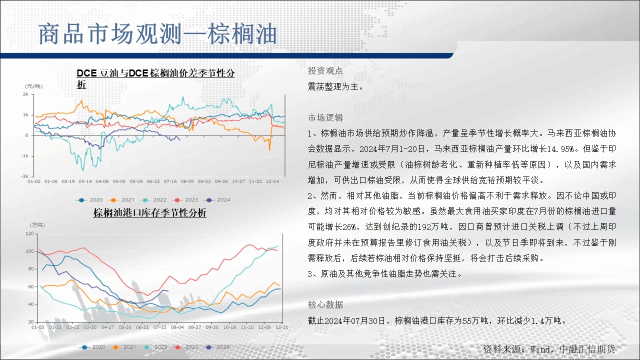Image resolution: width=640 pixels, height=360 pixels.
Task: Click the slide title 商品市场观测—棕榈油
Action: (x=157, y=34)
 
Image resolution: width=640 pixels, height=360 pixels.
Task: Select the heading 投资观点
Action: (x=325, y=70)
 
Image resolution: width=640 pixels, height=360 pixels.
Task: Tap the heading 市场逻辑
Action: (x=325, y=117)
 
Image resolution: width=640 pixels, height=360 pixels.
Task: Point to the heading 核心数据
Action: (x=325, y=304)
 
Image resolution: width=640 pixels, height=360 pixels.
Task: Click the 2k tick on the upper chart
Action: (x=25, y=94)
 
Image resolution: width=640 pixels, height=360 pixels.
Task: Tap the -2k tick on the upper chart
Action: (x=25, y=176)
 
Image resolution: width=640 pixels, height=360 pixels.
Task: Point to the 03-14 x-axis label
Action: (x=85, y=181)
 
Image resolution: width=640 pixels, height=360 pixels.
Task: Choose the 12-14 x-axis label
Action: (x=272, y=181)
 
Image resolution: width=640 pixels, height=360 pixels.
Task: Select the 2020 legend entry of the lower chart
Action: (x=92, y=347)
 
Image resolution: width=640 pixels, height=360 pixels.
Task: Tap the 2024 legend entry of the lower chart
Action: (x=217, y=347)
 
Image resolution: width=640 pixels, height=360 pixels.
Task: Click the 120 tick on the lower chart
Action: (x=29, y=233)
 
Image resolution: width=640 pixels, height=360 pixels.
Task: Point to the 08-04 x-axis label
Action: (x=177, y=327)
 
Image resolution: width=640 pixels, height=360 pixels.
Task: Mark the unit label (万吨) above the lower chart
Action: (x=37, y=225)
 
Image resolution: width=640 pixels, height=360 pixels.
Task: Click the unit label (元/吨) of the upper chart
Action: (x=33, y=86)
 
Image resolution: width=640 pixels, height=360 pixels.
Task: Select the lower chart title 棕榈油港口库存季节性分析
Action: (x=149, y=213)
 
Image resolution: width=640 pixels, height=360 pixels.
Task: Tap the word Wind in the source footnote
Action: (x=539, y=349)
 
